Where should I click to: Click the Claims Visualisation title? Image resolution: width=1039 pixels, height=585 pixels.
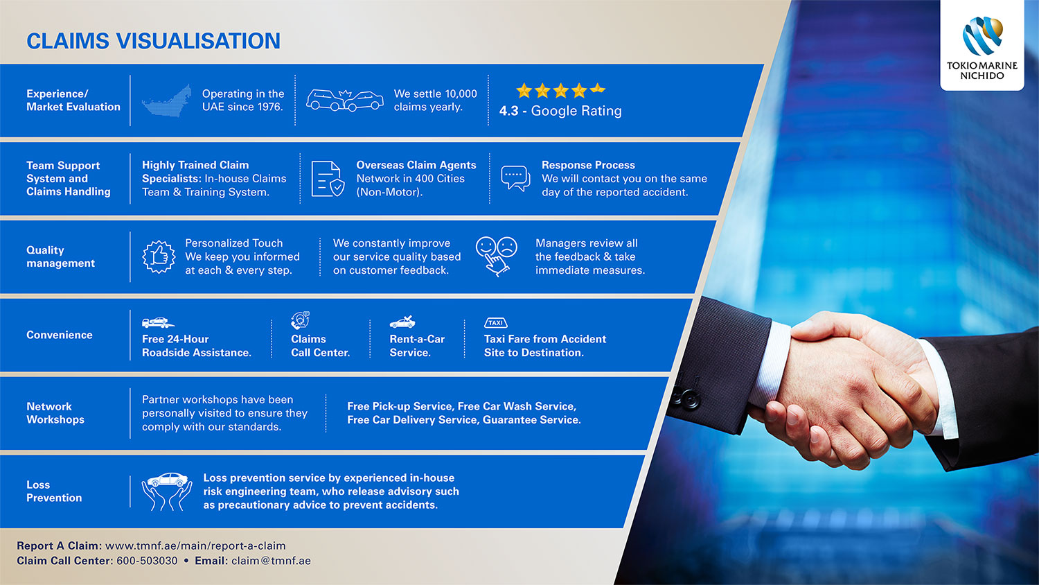point(154,41)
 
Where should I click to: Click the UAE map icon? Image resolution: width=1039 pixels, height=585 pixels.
point(166,101)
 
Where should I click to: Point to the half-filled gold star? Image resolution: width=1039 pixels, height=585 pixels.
point(598,89)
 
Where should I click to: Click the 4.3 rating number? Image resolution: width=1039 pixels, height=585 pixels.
point(509,111)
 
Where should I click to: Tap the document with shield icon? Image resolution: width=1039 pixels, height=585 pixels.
point(328,179)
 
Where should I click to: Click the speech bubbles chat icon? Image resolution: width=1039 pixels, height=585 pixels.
point(515,178)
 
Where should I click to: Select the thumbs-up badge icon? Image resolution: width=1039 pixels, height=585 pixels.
point(159,256)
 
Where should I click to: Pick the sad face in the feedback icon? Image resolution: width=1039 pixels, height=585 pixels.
point(507,247)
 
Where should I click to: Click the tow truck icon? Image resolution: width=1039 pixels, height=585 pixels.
point(158,322)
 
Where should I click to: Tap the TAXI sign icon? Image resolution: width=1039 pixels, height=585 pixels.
point(495,323)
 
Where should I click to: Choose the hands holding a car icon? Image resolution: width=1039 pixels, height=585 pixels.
point(166,491)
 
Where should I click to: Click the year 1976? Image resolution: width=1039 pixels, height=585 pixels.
point(269,107)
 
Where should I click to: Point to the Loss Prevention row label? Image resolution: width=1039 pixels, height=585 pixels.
point(54,491)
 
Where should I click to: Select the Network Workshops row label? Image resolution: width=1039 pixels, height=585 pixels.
point(55,412)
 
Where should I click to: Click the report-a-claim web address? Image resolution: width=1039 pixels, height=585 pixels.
point(195,546)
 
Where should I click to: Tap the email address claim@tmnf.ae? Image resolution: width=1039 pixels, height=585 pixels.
point(271,561)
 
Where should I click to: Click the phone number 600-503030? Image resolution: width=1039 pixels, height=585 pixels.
point(147,561)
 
